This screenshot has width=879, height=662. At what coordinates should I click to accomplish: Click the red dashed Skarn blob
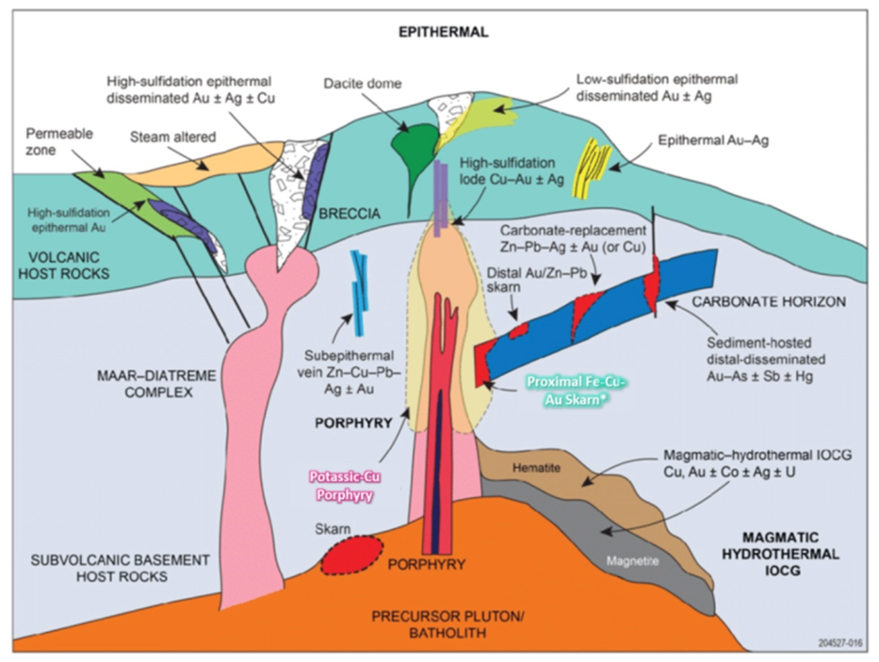[x=351, y=555]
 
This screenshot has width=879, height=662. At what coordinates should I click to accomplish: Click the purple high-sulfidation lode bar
[x=442, y=193]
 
